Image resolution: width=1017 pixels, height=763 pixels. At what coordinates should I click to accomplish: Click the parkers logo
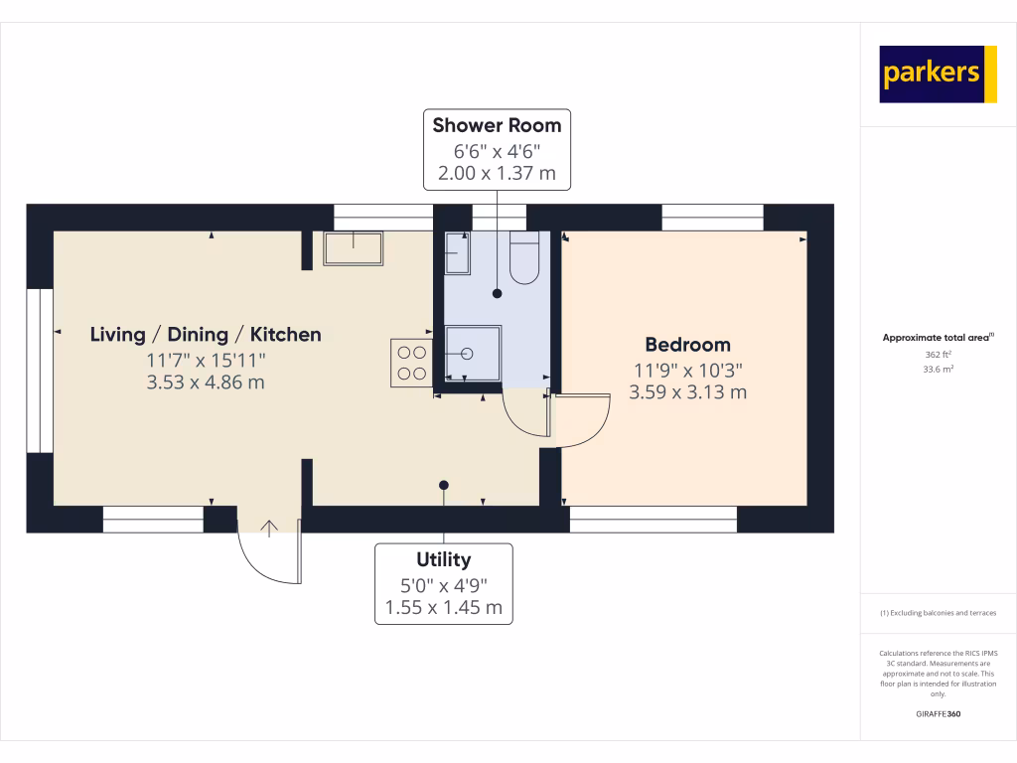pyautogui.click(x=938, y=74)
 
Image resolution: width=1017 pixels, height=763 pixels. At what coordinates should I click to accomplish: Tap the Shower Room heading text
pyautogui.click(x=497, y=125)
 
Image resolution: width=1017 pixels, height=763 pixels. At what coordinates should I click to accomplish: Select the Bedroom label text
pyautogui.click(x=687, y=345)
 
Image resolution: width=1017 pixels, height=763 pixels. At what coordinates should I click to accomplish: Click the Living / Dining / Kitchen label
pyautogui.click(x=206, y=334)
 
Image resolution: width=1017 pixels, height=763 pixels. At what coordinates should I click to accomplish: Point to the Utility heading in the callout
pyautogui.click(x=443, y=559)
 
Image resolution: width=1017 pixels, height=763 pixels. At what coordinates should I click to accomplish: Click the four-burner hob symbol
pyautogui.click(x=411, y=363)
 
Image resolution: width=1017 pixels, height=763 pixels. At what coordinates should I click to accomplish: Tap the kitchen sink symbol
pyautogui.click(x=353, y=248)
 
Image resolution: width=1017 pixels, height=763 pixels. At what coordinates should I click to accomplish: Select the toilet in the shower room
pyautogui.click(x=523, y=258)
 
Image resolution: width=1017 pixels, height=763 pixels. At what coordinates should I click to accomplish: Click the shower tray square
pyautogui.click(x=473, y=353)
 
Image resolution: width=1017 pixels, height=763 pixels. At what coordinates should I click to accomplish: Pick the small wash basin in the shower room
pyautogui.click(x=457, y=253)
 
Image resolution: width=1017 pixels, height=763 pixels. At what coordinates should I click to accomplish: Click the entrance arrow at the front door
pyautogui.click(x=269, y=527)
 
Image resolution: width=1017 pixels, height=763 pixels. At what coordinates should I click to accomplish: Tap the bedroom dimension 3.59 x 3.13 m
pyautogui.click(x=687, y=392)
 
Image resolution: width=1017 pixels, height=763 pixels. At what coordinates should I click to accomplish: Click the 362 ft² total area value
pyautogui.click(x=938, y=354)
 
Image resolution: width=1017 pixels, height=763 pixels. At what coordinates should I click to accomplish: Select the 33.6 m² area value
pyautogui.click(x=938, y=369)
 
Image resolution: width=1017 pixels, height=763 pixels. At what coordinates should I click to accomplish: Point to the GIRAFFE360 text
pyautogui.click(x=938, y=714)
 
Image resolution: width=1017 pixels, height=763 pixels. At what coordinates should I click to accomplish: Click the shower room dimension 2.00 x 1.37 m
pyautogui.click(x=497, y=174)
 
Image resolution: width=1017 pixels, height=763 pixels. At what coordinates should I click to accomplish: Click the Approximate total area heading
pyautogui.click(x=938, y=338)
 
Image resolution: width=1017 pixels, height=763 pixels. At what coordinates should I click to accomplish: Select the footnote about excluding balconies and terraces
pyautogui.click(x=938, y=613)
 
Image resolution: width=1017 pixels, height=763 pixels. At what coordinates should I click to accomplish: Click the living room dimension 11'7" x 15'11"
pyautogui.click(x=206, y=360)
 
